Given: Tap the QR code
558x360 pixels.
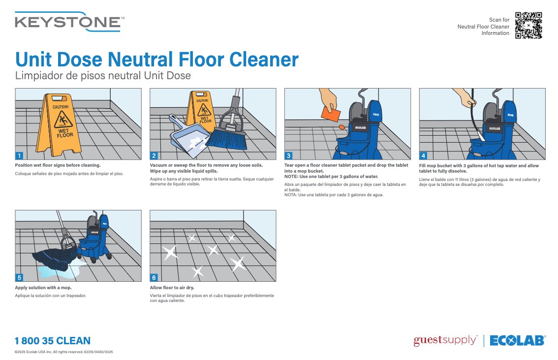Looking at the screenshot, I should point(528,26).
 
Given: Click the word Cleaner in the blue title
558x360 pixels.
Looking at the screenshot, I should point(265,60).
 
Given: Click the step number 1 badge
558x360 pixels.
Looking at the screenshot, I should point(19,155).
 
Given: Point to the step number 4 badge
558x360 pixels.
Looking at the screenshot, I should point(423,155).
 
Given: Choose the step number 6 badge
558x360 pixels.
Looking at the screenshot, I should point(154,277).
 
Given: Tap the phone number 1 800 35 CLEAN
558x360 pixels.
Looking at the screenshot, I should point(53,341).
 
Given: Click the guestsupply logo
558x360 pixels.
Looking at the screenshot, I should point(445,340).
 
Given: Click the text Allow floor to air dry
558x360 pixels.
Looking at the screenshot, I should point(172,288).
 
